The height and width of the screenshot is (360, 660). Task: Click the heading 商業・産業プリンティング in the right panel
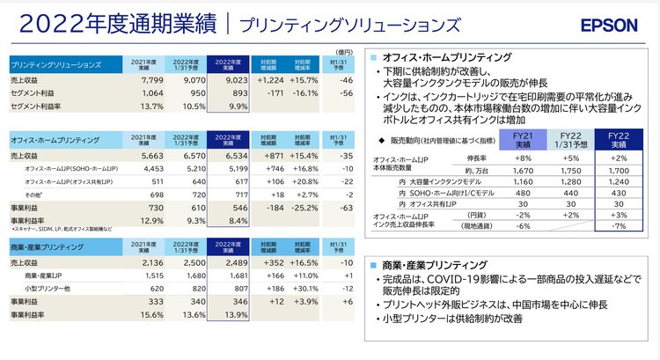pos(430,264)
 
